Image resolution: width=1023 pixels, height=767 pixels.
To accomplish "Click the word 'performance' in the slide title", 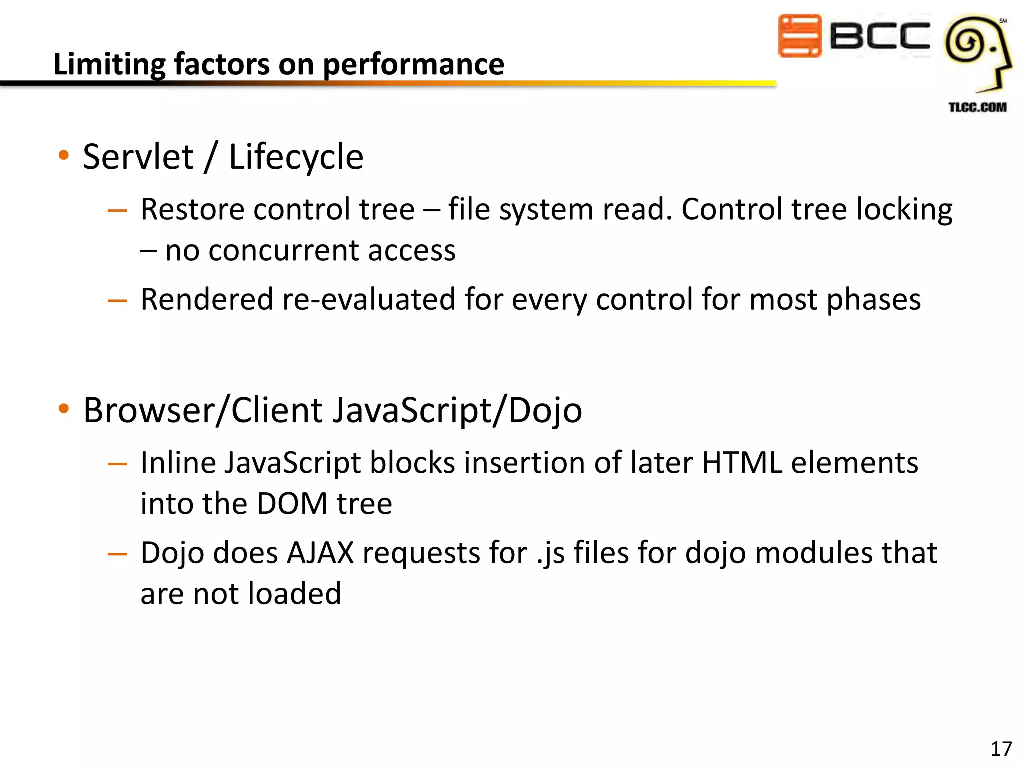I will click(x=414, y=65).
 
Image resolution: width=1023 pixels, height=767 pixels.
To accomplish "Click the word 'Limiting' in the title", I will click(x=109, y=65).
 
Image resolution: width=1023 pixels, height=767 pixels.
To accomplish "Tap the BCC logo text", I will click(x=879, y=36).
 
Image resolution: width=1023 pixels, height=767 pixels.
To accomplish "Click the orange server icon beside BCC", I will click(x=800, y=36).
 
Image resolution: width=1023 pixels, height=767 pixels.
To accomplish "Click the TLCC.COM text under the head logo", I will click(x=977, y=107).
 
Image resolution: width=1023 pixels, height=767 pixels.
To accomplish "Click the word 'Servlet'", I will click(x=138, y=157).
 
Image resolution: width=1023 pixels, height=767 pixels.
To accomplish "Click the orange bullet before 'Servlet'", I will click(x=63, y=155).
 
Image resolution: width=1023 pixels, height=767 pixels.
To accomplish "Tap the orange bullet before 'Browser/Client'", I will click(x=63, y=409).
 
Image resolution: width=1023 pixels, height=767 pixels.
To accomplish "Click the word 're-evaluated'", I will click(x=369, y=300).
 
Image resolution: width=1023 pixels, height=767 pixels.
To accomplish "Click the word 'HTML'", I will click(x=742, y=463).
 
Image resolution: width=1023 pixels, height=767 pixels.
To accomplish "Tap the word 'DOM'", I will click(x=292, y=503).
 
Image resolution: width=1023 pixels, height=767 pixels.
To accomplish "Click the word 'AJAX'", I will click(x=320, y=553).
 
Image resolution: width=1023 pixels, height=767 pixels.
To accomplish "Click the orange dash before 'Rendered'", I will click(x=117, y=301).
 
